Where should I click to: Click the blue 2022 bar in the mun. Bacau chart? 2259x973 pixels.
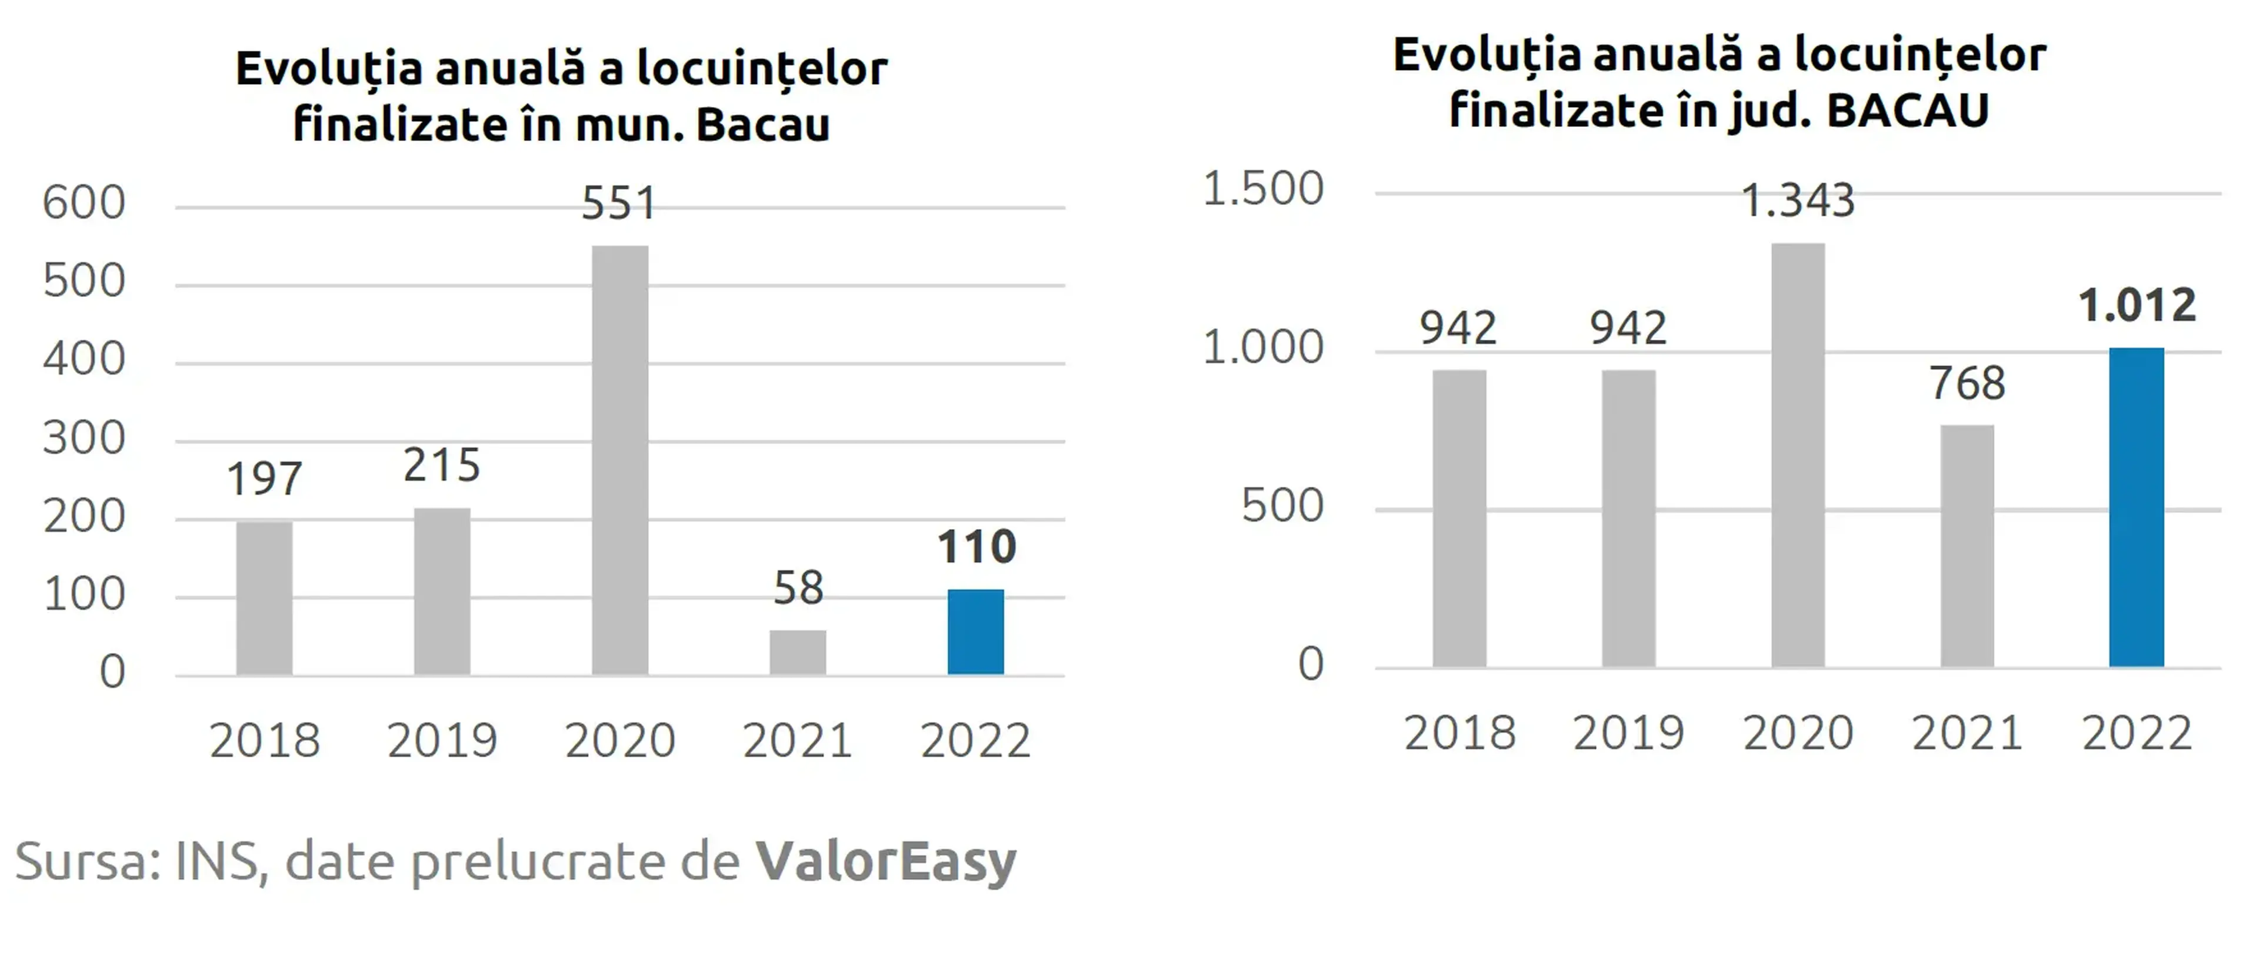coord(975,632)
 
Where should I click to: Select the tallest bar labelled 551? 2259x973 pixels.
coord(620,460)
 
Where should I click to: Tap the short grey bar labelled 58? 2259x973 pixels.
coord(798,652)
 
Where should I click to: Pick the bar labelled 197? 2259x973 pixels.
coord(264,598)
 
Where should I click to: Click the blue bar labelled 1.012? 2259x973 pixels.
coord(2136,507)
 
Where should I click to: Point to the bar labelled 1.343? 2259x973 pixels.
coord(1798,455)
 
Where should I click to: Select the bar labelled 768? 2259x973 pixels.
coord(1967,546)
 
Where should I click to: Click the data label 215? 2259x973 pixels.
coord(442,466)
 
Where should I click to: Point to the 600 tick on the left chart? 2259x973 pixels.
coord(84,203)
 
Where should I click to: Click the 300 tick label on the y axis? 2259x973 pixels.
coord(84,438)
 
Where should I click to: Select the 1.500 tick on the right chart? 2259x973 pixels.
coord(1263,189)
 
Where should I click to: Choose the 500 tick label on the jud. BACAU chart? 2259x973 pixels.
coord(1282,506)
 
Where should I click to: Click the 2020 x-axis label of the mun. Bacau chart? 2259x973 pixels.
coord(620,741)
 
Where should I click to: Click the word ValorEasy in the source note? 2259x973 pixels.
coord(887,862)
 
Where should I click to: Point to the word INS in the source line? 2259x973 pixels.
coord(218,861)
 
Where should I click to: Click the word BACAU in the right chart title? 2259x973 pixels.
coord(1908,111)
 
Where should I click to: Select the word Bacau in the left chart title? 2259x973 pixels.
coord(763,125)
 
